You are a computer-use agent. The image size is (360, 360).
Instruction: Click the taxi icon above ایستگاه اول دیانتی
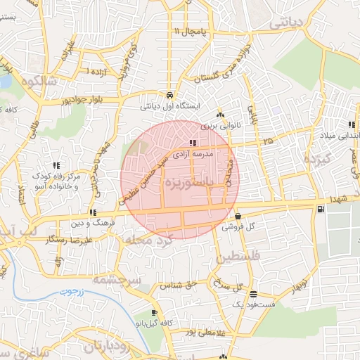click(x=169, y=95)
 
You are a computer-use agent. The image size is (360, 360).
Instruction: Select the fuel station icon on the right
click(x=321, y=209)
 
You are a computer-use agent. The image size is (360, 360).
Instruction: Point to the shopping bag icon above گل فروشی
click(x=238, y=217)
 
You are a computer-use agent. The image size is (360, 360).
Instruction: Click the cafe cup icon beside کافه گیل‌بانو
click(x=155, y=313)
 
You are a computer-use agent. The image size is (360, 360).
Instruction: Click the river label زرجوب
click(x=72, y=290)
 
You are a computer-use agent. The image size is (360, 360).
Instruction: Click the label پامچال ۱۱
click(x=191, y=32)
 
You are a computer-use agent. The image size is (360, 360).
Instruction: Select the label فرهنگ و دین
click(x=91, y=224)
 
